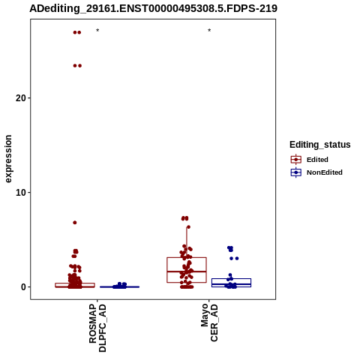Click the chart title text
(153, 8)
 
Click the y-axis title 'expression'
(8, 159)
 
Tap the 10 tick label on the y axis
(21, 193)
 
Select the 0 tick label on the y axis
(24, 287)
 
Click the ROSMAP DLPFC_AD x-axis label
(97, 328)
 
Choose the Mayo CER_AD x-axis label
(209, 322)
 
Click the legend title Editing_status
(320, 145)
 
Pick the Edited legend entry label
(317, 160)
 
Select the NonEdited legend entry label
(325, 172)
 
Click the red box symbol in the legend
(296, 160)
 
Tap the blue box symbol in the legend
(296, 172)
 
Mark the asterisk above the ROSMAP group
(97, 31)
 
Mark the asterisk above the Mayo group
(209, 31)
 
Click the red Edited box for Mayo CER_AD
(167, 270)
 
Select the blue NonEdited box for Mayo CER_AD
(211, 283)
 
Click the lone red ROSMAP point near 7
(75, 223)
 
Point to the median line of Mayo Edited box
(187, 271)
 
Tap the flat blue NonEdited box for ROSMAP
(119, 286)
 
